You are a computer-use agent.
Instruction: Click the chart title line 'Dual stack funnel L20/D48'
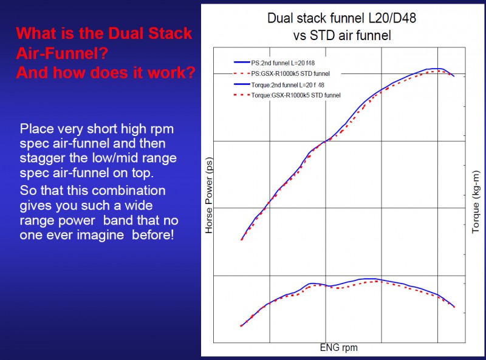click(x=341, y=18)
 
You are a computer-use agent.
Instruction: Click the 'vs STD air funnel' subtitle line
click(x=341, y=35)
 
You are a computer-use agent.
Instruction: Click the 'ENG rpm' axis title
click(x=338, y=348)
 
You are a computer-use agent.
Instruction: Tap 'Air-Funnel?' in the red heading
click(x=62, y=53)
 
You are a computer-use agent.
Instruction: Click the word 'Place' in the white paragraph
click(x=36, y=129)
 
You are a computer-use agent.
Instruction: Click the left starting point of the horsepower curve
click(x=242, y=239)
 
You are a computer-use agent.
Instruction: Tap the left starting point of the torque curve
click(x=242, y=326)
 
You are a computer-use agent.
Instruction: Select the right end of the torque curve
click(x=454, y=307)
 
